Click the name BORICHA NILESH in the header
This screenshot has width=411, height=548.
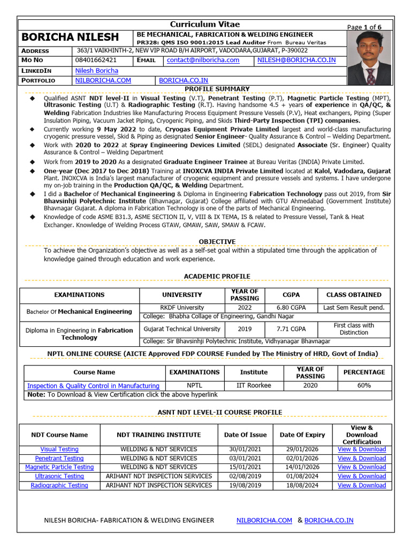point(70,37)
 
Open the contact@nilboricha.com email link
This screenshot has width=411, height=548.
point(203,60)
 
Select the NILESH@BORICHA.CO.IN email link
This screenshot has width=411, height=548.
point(296,60)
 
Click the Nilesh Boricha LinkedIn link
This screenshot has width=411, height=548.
point(96,70)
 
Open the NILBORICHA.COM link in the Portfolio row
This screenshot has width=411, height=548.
point(103,80)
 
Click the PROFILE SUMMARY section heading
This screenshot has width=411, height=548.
point(217,89)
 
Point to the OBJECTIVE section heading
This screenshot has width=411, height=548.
point(217,242)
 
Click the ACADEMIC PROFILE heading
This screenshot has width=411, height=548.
point(217,276)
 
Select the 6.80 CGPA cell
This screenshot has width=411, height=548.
point(291,308)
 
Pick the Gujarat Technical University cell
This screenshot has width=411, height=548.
point(181,329)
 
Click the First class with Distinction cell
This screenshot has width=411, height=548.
point(354,329)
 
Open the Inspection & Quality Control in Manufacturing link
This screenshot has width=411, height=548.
point(93,386)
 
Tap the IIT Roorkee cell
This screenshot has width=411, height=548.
point(254,385)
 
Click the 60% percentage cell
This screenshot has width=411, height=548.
point(364,385)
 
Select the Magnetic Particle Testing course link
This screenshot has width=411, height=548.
point(59,467)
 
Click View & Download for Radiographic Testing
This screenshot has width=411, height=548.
point(361,485)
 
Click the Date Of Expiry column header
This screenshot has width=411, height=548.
point(302,435)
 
